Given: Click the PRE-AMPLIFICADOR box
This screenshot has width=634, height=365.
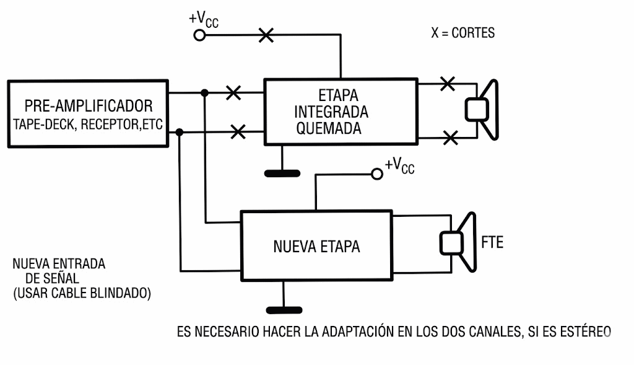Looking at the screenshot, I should click(x=88, y=113).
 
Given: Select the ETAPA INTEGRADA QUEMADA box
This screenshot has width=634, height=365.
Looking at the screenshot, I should click(x=340, y=112).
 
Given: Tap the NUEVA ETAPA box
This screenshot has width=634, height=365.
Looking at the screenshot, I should click(x=316, y=246).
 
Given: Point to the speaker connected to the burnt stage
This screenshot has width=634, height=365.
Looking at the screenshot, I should click(x=482, y=110).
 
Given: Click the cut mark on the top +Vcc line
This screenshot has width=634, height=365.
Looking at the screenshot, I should click(x=266, y=35).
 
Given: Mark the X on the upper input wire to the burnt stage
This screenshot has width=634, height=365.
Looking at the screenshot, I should click(x=233, y=93).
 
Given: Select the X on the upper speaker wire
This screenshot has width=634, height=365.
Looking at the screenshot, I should click(x=446, y=84).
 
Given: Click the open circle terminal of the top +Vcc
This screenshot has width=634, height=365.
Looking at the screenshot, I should click(x=199, y=35).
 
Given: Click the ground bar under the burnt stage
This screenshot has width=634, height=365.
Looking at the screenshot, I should click(x=282, y=173).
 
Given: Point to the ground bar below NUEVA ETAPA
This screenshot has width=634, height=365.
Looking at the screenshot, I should click(x=283, y=309).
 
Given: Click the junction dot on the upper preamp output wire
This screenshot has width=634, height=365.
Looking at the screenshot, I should click(x=204, y=93).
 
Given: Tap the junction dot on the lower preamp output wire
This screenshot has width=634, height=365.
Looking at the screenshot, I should click(x=179, y=132).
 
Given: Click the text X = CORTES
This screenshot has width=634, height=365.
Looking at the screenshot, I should click(x=462, y=33).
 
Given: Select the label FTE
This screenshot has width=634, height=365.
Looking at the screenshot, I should click(x=492, y=242).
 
